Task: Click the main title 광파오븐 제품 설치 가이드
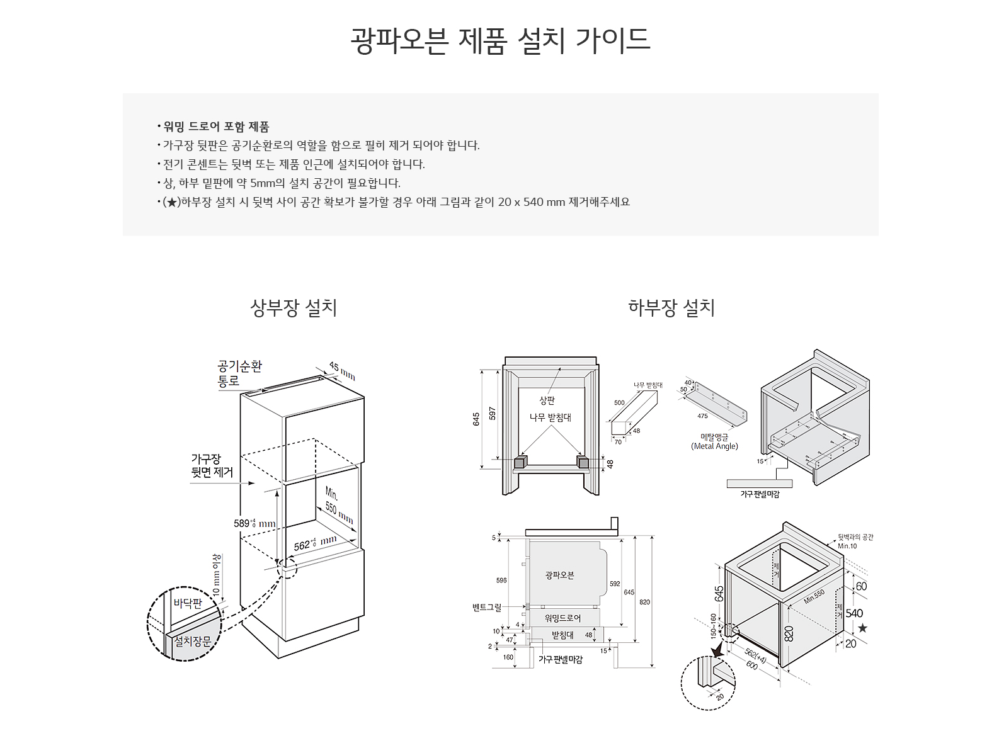pyautogui.click(x=499, y=40)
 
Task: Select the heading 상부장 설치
pyautogui.click(x=294, y=308)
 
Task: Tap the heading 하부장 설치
pyautogui.click(x=671, y=308)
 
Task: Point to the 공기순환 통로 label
pyautogui.click(x=239, y=373)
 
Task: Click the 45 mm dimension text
pyautogui.click(x=343, y=371)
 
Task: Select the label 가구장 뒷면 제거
pyautogui.click(x=212, y=466)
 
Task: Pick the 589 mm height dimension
pyautogui.click(x=254, y=523)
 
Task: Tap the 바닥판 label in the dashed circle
pyautogui.click(x=188, y=603)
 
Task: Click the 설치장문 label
pyautogui.click(x=192, y=641)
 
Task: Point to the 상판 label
pyautogui.click(x=547, y=400)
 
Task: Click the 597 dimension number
pyautogui.click(x=493, y=414)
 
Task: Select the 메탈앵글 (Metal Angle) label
pyautogui.click(x=714, y=441)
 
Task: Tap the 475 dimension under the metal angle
pyautogui.click(x=702, y=416)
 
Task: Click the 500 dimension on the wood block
pyautogui.click(x=619, y=403)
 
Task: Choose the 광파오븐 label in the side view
pyautogui.click(x=559, y=575)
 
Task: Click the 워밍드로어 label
pyautogui.click(x=562, y=618)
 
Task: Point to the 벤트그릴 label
pyautogui.click(x=487, y=608)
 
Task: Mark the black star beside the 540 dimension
pyautogui.click(x=862, y=628)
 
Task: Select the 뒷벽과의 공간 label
pyautogui.click(x=855, y=537)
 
